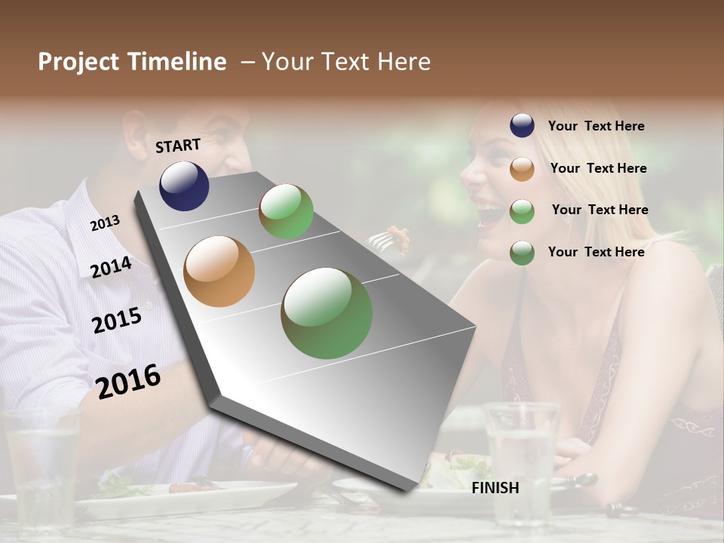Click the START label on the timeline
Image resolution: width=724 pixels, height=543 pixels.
pyautogui.click(x=178, y=145)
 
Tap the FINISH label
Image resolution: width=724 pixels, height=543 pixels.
pyautogui.click(x=495, y=488)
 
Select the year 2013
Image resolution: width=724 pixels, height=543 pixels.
pyautogui.click(x=105, y=222)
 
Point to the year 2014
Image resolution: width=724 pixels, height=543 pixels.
pyautogui.click(x=111, y=267)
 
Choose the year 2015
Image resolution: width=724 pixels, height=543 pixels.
pyautogui.click(x=117, y=321)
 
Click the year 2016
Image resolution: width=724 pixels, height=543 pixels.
pyautogui.click(x=128, y=381)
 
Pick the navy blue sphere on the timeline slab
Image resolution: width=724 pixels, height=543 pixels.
pyautogui.click(x=184, y=186)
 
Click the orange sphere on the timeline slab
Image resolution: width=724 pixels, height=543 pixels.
pyautogui.click(x=219, y=271)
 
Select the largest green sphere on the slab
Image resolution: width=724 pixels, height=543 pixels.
pyautogui.click(x=327, y=313)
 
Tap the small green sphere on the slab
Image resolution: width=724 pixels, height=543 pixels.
pyautogui.click(x=286, y=211)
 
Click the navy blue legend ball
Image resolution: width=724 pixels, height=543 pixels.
pyautogui.click(x=522, y=126)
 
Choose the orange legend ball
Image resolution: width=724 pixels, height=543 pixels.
pyautogui.click(x=522, y=168)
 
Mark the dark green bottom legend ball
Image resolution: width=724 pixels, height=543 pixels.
pyautogui.click(x=522, y=252)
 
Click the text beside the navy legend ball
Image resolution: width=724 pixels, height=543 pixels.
pyautogui.click(x=596, y=127)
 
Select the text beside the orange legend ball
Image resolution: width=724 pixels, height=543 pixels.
pyautogui.click(x=598, y=168)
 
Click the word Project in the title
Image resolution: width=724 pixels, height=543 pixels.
pyautogui.click(x=79, y=62)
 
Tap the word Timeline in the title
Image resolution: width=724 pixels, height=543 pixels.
pyautogui.click(x=176, y=62)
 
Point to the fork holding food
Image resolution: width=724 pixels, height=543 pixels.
pyautogui.click(x=388, y=238)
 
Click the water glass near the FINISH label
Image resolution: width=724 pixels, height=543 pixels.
pyautogui.click(x=521, y=460)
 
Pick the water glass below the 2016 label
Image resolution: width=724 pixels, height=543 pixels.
pyautogui.click(x=41, y=468)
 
